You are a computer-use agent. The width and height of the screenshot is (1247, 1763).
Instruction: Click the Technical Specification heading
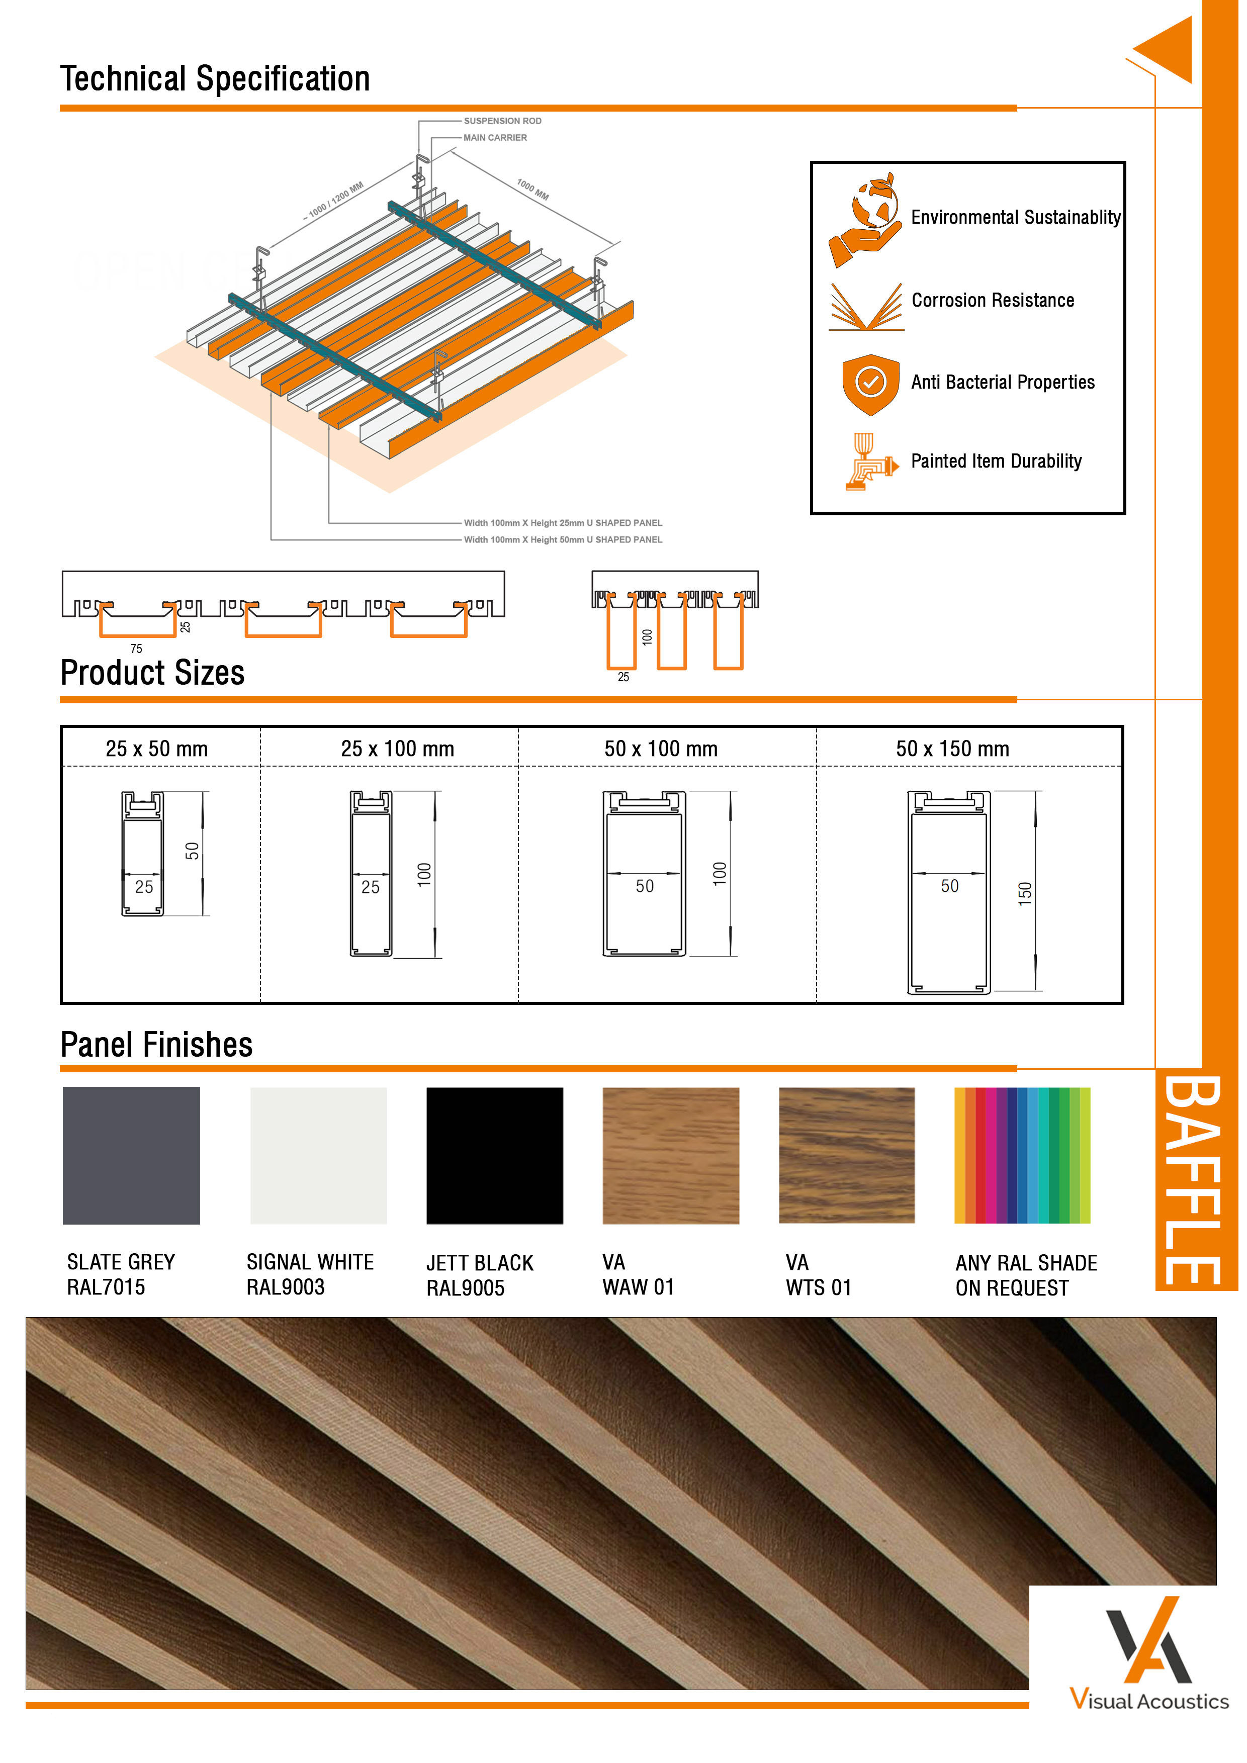(x=215, y=79)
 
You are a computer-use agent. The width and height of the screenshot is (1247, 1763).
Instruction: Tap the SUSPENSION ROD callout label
(x=502, y=121)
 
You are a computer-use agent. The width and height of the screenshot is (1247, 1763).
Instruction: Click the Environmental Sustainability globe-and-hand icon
(x=867, y=220)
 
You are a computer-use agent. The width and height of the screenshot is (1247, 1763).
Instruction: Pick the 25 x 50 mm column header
(x=157, y=749)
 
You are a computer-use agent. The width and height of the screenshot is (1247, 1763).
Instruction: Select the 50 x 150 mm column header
(x=952, y=749)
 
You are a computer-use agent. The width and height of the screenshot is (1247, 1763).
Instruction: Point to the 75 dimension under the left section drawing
(x=136, y=649)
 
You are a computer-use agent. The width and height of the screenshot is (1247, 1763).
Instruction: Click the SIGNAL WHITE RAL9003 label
(x=309, y=1275)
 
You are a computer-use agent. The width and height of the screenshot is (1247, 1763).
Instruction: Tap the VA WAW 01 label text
(x=637, y=1275)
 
